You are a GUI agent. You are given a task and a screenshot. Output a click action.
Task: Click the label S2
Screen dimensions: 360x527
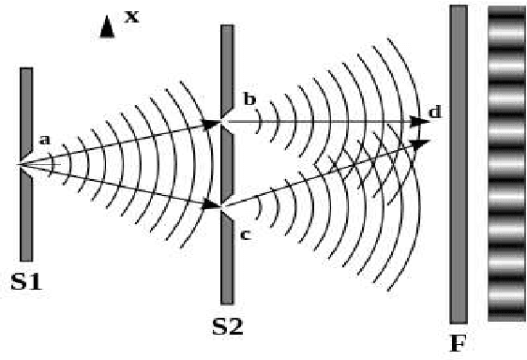[x=228, y=327]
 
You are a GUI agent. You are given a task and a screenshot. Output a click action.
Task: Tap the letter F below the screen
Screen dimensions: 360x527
[x=458, y=343]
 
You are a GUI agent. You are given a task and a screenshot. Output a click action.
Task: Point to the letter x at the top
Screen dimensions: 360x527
[x=131, y=16]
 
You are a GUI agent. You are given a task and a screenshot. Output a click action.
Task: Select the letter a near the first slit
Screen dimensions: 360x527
[x=43, y=140]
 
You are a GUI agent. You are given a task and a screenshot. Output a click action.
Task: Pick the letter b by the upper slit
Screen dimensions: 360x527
[x=248, y=98]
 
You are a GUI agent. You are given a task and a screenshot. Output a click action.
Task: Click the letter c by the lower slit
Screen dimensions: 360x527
[x=246, y=233]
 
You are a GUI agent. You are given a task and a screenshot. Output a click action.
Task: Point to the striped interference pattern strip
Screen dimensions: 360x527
[x=506, y=164]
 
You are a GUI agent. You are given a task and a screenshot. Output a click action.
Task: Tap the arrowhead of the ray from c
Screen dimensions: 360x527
[x=422, y=143]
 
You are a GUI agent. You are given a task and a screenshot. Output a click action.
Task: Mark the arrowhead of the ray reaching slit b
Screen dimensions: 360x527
[x=214, y=122]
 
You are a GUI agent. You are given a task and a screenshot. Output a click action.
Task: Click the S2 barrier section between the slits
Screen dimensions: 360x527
[x=227, y=164]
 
